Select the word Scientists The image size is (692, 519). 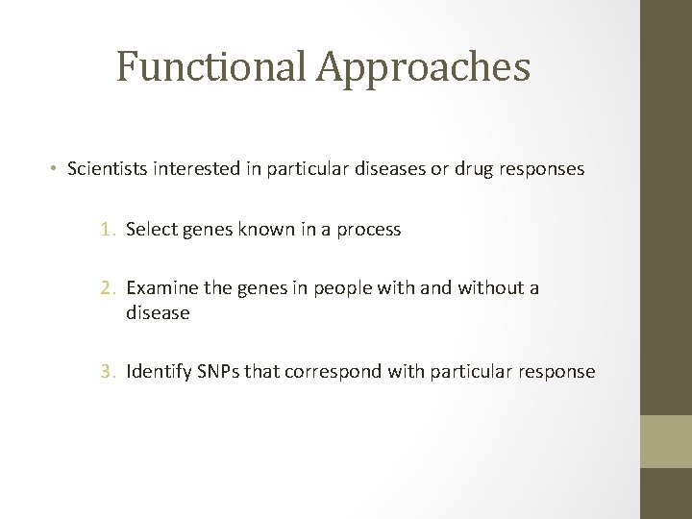coord(105,169)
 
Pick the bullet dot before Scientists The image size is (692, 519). coord(56,169)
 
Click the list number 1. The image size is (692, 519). coord(108,231)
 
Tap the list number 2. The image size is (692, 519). coord(108,288)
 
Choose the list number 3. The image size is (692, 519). coord(108,371)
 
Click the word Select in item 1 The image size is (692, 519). coord(150,231)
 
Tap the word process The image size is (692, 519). coord(370,231)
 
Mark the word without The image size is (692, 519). coord(486,288)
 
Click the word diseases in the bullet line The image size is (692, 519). coord(383,169)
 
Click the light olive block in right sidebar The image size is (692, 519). coord(666,441)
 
